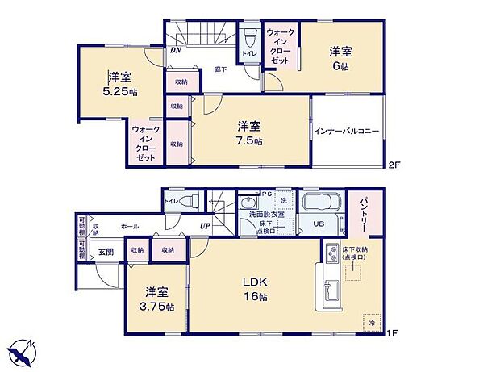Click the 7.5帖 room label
249,133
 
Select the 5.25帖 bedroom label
121,85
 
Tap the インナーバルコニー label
347,131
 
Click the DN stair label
175,49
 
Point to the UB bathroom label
319,224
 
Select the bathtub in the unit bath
321,202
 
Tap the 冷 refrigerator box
372,321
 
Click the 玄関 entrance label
106,253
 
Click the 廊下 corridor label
219,70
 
